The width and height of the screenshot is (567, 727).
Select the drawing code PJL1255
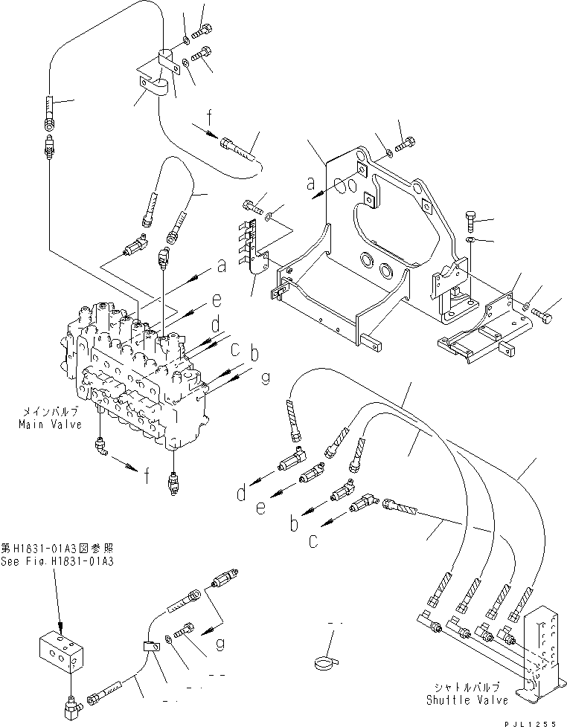coord(534,721)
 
